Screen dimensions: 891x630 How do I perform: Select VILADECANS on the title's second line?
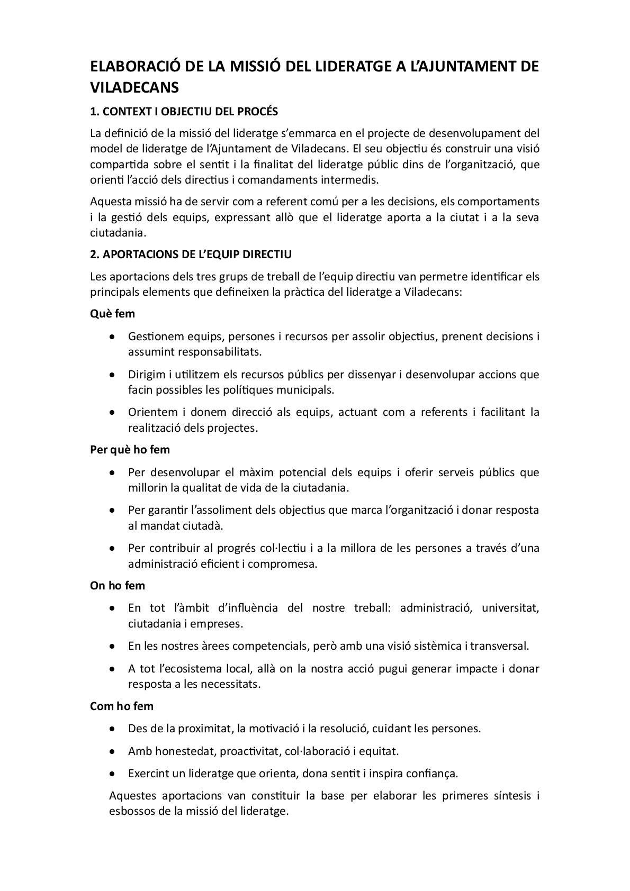pos(134,88)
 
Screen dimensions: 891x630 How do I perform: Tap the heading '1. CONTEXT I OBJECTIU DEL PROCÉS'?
pos(184,112)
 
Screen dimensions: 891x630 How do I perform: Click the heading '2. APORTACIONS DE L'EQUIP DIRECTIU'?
pos(191,254)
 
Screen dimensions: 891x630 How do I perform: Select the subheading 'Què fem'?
pos(112,314)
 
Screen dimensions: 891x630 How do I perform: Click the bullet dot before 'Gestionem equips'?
pos(112,337)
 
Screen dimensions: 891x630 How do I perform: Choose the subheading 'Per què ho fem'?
pos(130,450)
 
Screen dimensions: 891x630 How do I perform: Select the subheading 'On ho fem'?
pos(118,586)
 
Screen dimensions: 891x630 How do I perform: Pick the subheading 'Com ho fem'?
pos(122,706)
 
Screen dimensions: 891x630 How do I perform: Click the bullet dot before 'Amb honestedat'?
pos(112,751)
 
